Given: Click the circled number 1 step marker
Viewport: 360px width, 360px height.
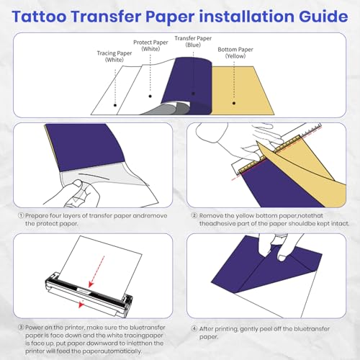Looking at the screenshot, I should [19, 215].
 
